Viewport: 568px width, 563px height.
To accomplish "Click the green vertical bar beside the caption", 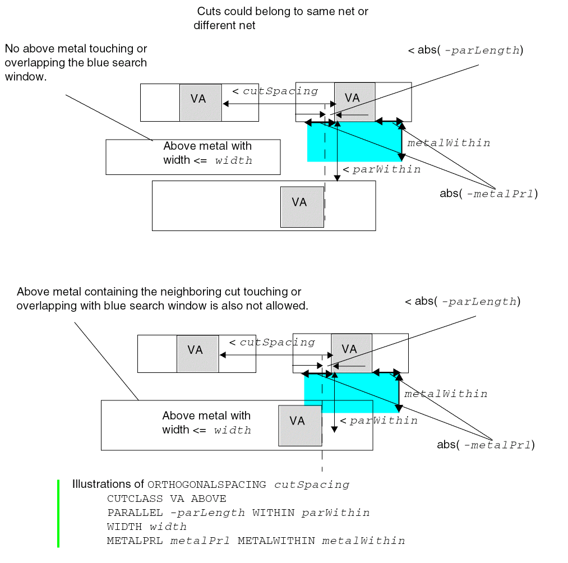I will pyautogui.click(x=58, y=513).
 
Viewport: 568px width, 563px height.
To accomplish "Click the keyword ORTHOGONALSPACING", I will pyautogui.click(x=206, y=485).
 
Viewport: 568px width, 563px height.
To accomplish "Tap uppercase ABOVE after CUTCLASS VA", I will pyautogui.click(x=209, y=499).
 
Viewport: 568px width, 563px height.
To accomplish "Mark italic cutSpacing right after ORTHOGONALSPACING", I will pyautogui.click(x=312, y=485).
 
